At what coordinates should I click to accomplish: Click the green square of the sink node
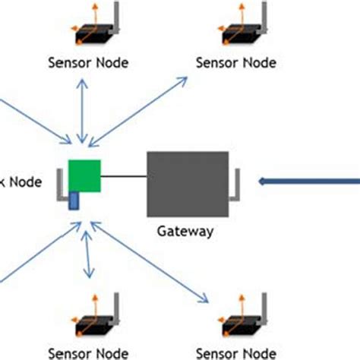[x=84, y=175]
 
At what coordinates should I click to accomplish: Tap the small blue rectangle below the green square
[x=74, y=201]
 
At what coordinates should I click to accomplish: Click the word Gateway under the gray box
[x=185, y=230]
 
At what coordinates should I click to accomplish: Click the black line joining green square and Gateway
[x=123, y=178]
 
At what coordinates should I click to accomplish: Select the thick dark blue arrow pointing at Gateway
[x=308, y=181]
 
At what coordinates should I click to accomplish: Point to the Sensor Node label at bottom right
[x=235, y=352]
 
